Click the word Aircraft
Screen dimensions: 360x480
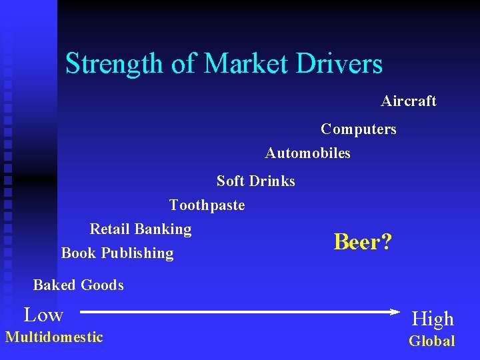pos(408,101)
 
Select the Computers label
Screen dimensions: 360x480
pos(358,129)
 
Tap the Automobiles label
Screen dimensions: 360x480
pos(307,153)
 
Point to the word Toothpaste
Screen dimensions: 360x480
pos(207,205)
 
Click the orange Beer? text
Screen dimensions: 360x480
pos(363,242)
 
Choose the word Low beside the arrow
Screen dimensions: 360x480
pos(43,315)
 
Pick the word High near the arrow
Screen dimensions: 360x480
pos(432,319)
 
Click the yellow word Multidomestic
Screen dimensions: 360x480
pos(54,337)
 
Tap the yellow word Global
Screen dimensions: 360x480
pos(431,341)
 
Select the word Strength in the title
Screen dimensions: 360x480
pos(107,64)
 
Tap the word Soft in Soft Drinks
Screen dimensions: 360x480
pos(230,181)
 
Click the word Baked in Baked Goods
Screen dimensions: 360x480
pos(53,285)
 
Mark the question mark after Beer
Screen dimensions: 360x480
pos(386,242)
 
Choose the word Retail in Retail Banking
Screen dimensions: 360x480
pos(109,229)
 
